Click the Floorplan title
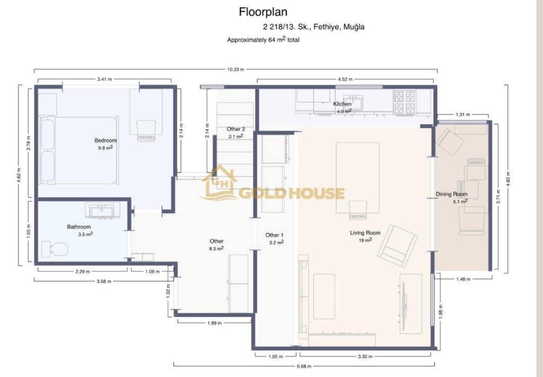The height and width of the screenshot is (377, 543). click(263, 12)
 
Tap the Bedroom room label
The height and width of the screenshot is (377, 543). click(106, 141)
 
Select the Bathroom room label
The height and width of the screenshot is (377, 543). click(79, 227)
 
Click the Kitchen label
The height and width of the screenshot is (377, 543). click(342, 104)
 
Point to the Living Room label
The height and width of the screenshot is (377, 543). click(365, 233)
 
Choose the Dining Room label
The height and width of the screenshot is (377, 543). click(452, 194)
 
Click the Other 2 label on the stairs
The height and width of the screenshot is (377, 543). click(236, 129)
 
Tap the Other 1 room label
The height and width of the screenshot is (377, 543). click(274, 235)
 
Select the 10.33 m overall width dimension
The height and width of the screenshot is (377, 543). click(235, 70)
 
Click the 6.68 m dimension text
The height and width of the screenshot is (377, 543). click(304, 366)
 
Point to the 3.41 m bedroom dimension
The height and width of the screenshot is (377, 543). click(104, 79)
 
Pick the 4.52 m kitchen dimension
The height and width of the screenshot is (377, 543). click(345, 79)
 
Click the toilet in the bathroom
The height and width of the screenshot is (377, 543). click(55, 249)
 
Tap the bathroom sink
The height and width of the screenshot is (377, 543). click(102, 210)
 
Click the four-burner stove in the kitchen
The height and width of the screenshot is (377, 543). click(405, 102)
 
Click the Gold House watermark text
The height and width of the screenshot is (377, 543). click(292, 193)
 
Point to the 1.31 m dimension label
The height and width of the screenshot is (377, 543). click(462, 115)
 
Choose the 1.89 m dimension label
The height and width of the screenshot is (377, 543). click(214, 323)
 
